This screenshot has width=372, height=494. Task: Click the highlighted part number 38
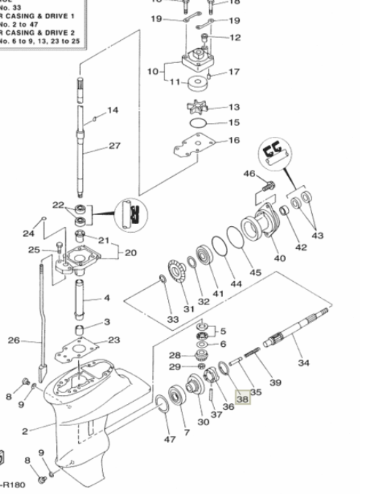[243, 400]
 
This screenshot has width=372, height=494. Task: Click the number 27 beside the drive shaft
[115, 146]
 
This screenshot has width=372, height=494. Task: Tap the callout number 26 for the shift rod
[14, 340]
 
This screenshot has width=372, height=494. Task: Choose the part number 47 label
[170, 438]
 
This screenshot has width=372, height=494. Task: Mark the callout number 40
[279, 258]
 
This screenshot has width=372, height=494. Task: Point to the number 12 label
[234, 37]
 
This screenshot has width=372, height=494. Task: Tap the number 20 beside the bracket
[131, 253]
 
